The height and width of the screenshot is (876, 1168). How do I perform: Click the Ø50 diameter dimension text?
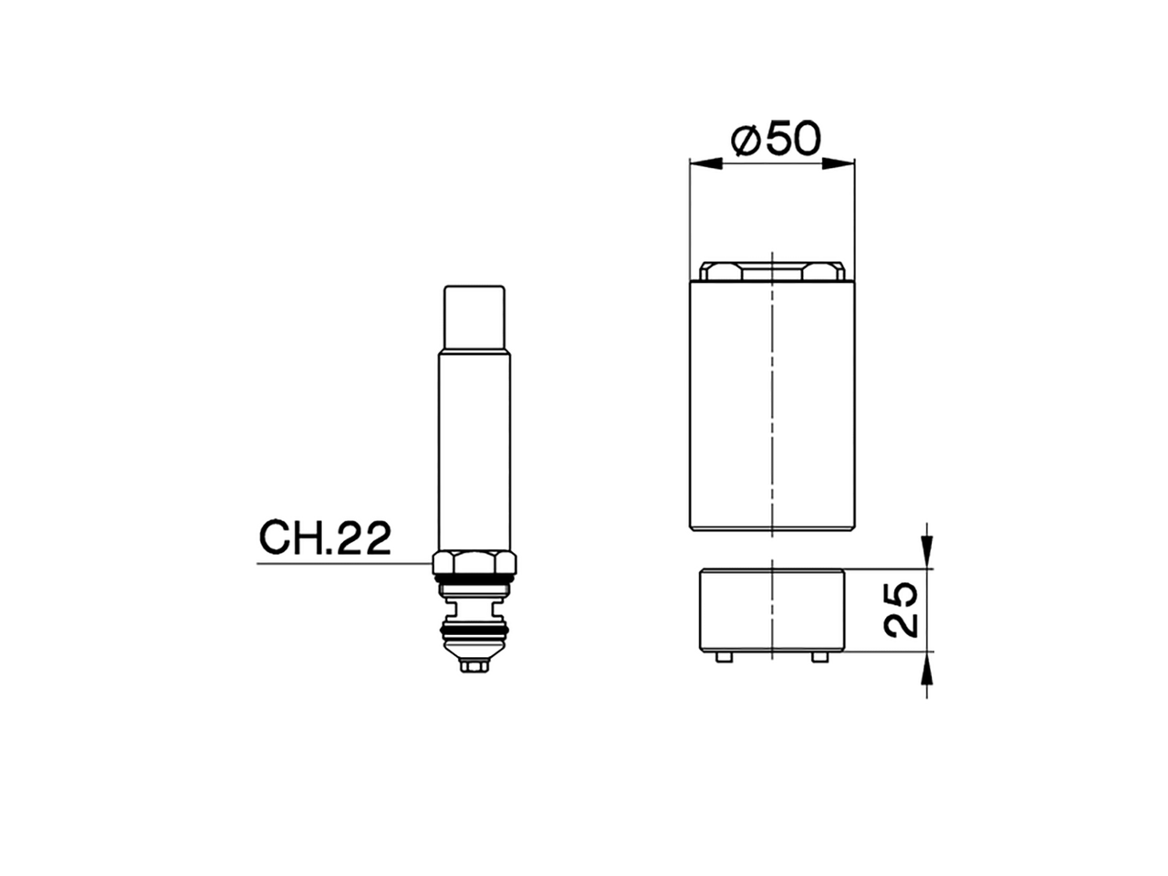pos(777,139)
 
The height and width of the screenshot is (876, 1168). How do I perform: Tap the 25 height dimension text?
pos(901,610)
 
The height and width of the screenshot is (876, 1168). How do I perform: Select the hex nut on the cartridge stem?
pos(474,562)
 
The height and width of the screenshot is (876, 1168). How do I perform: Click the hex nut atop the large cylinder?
pos(772,271)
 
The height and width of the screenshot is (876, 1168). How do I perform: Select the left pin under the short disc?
pos(724,656)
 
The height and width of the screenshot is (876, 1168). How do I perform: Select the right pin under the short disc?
pos(820,656)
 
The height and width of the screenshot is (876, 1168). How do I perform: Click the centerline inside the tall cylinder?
pos(772,411)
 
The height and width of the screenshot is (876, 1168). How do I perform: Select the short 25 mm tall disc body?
pos(772,610)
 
